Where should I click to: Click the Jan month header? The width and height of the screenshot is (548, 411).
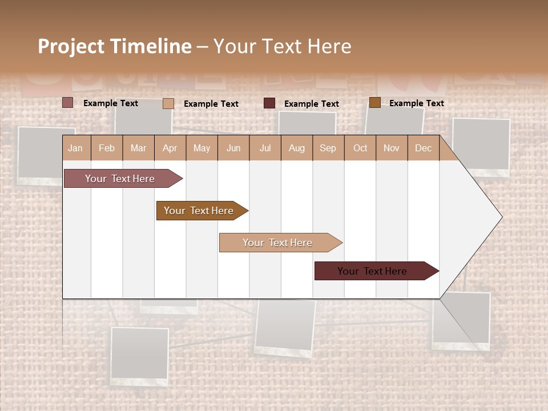(75, 148)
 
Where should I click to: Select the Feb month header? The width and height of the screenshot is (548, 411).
(107, 148)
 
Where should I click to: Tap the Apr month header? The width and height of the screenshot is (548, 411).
(170, 148)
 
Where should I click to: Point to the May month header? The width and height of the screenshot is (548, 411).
(202, 148)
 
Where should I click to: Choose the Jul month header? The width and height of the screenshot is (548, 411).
(265, 148)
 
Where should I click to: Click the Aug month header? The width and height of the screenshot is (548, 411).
(297, 148)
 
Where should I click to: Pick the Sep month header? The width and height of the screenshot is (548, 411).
(328, 148)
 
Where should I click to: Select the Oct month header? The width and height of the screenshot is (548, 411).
(360, 148)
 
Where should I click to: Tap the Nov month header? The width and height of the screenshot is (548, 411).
(392, 148)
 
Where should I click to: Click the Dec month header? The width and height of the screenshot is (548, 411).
(423, 148)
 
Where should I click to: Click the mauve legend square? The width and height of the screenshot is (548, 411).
(67, 103)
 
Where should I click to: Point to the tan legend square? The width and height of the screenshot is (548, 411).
(168, 103)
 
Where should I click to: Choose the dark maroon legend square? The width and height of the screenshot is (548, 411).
(269, 103)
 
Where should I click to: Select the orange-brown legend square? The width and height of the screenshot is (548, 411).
(374, 103)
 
